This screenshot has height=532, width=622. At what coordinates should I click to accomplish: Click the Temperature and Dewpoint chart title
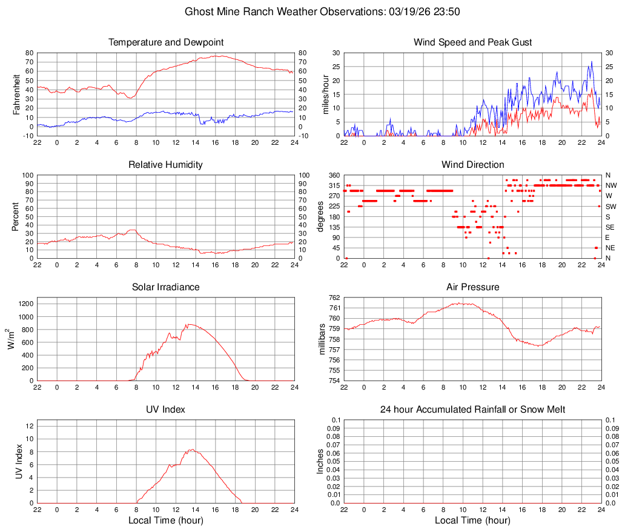(166, 42)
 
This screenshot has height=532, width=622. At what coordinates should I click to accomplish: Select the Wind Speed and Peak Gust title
(472, 42)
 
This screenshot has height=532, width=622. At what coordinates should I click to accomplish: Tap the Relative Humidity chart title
(166, 165)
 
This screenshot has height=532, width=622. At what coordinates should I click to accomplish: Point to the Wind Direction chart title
(472, 165)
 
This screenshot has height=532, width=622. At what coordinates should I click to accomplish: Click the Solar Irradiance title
(166, 287)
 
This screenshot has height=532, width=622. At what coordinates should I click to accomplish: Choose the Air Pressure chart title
(472, 287)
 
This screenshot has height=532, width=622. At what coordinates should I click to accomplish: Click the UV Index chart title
(166, 410)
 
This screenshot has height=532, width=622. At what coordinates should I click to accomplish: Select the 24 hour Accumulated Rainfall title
(472, 410)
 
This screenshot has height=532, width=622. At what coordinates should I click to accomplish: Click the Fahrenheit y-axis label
(17, 94)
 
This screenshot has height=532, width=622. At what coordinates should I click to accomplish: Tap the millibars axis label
(324, 339)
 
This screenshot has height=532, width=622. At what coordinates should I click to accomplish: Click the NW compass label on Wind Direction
(610, 185)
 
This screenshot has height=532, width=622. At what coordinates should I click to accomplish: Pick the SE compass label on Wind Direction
(610, 227)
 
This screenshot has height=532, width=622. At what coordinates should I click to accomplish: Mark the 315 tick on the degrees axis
(334, 185)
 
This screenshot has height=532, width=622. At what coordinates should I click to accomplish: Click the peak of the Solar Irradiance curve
(189, 324)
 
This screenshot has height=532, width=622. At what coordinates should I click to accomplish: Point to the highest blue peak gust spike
(592, 61)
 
